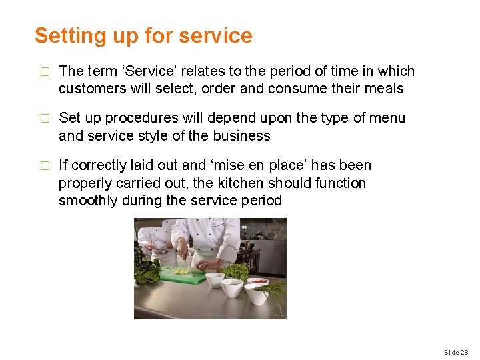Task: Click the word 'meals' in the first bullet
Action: tap(384, 89)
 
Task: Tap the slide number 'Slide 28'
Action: tap(456, 352)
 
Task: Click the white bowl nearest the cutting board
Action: tap(215, 279)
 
